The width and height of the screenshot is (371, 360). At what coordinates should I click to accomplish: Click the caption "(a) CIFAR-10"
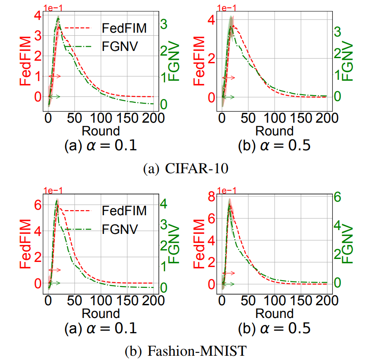pos(185,169)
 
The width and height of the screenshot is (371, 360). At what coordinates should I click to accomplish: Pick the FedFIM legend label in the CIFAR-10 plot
pos(124,28)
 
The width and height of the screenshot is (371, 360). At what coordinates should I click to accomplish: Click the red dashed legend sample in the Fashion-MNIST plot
pos(79,210)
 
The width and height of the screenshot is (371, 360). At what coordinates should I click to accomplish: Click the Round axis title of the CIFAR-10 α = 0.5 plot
pos(275,130)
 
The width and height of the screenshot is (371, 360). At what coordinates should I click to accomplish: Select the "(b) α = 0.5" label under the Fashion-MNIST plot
pos(275,328)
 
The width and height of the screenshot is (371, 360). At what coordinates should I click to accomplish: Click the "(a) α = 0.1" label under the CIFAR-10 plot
pos(101,146)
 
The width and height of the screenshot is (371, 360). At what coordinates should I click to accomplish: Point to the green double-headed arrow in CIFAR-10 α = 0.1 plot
pos(54,97)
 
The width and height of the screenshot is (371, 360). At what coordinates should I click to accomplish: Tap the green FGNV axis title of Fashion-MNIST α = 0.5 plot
pos(348,245)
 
